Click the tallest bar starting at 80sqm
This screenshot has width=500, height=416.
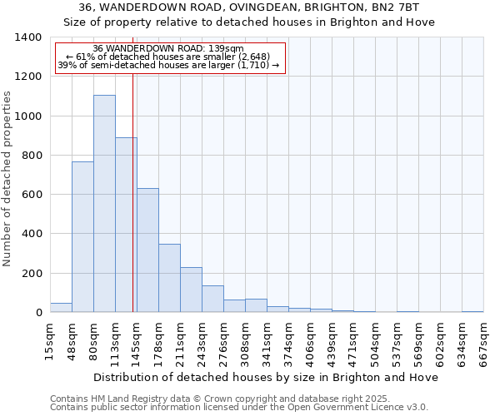pos(104,204)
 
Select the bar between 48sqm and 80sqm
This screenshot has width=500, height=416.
pos(82,237)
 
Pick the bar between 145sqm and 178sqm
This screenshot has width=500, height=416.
pos(147,250)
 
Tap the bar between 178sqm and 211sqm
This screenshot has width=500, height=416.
pos(169,278)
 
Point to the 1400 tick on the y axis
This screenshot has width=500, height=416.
pos(28,37)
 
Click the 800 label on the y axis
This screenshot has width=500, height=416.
pos(32,156)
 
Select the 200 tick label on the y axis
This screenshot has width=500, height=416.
pos(32,274)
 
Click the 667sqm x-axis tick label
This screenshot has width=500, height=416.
pos(484,341)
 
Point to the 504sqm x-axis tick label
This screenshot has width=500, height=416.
pos(376,341)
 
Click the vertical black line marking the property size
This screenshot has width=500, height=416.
pos(132,191)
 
